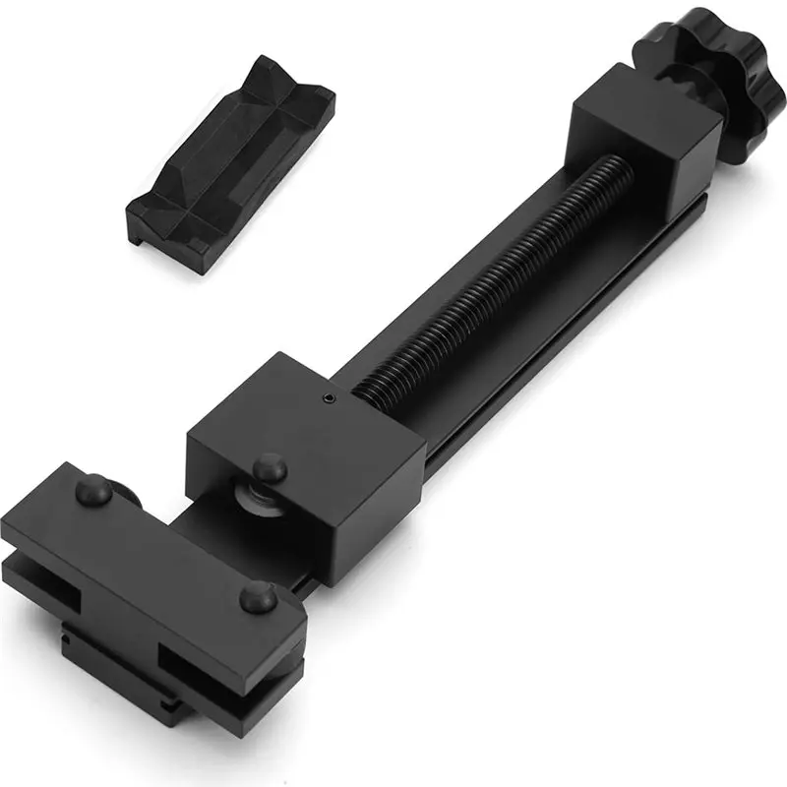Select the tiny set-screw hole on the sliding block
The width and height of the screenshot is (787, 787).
pyautogui.click(x=328, y=398)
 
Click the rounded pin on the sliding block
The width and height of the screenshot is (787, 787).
pyautogui.click(x=268, y=466)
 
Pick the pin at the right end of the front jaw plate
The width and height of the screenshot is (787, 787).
pyautogui.click(x=257, y=594)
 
